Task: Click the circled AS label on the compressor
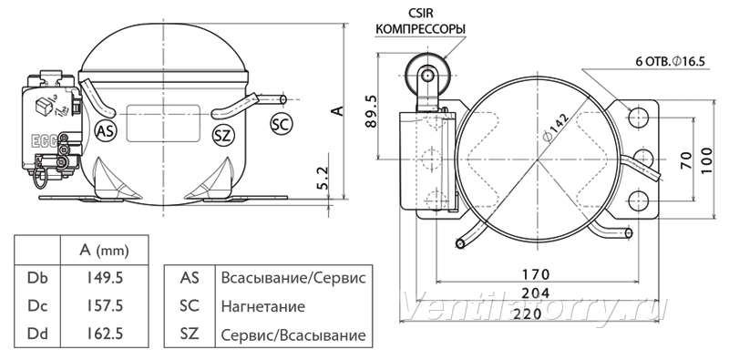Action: (x=106, y=131)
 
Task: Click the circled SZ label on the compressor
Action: (x=223, y=136)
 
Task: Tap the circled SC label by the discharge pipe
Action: (x=282, y=124)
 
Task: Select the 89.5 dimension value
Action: (x=371, y=112)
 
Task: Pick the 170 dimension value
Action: (x=537, y=274)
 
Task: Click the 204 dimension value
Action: (x=537, y=293)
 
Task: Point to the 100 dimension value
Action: (x=706, y=160)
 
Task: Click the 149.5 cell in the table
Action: (x=105, y=278)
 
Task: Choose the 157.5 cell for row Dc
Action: (x=105, y=306)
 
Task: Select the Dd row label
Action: (x=37, y=334)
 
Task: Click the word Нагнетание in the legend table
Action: (x=263, y=306)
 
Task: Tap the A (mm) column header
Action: (x=104, y=251)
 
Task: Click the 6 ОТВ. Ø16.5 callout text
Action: (x=670, y=61)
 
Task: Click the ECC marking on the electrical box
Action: (x=44, y=141)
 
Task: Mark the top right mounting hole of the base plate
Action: (x=639, y=118)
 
